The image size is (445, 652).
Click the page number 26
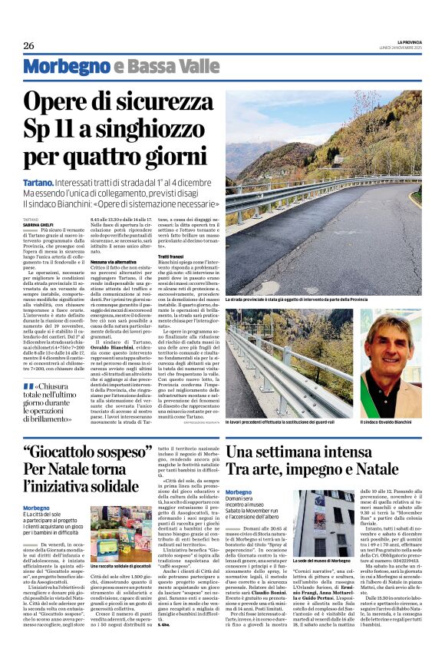click(28, 45)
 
